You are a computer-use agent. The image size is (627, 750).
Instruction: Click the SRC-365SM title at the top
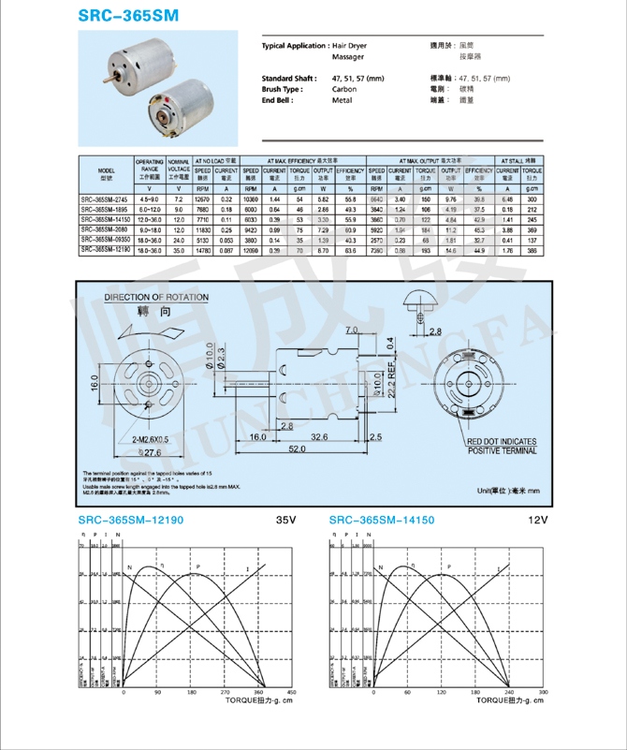[128, 16]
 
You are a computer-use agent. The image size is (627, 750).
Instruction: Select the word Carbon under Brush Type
[343, 89]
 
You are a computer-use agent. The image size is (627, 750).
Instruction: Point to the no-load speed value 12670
[202, 199]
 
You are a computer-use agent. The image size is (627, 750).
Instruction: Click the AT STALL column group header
[520, 161]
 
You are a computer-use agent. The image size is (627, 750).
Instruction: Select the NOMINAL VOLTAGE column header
[178, 169]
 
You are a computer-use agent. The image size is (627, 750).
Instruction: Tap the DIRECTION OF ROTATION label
[157, 297]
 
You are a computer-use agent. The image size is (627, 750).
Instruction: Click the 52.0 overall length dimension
[297, 449]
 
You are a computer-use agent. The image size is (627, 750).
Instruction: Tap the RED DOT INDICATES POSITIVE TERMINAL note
[503, 446]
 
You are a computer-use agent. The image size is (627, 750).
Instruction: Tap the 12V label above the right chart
[536, 519]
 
